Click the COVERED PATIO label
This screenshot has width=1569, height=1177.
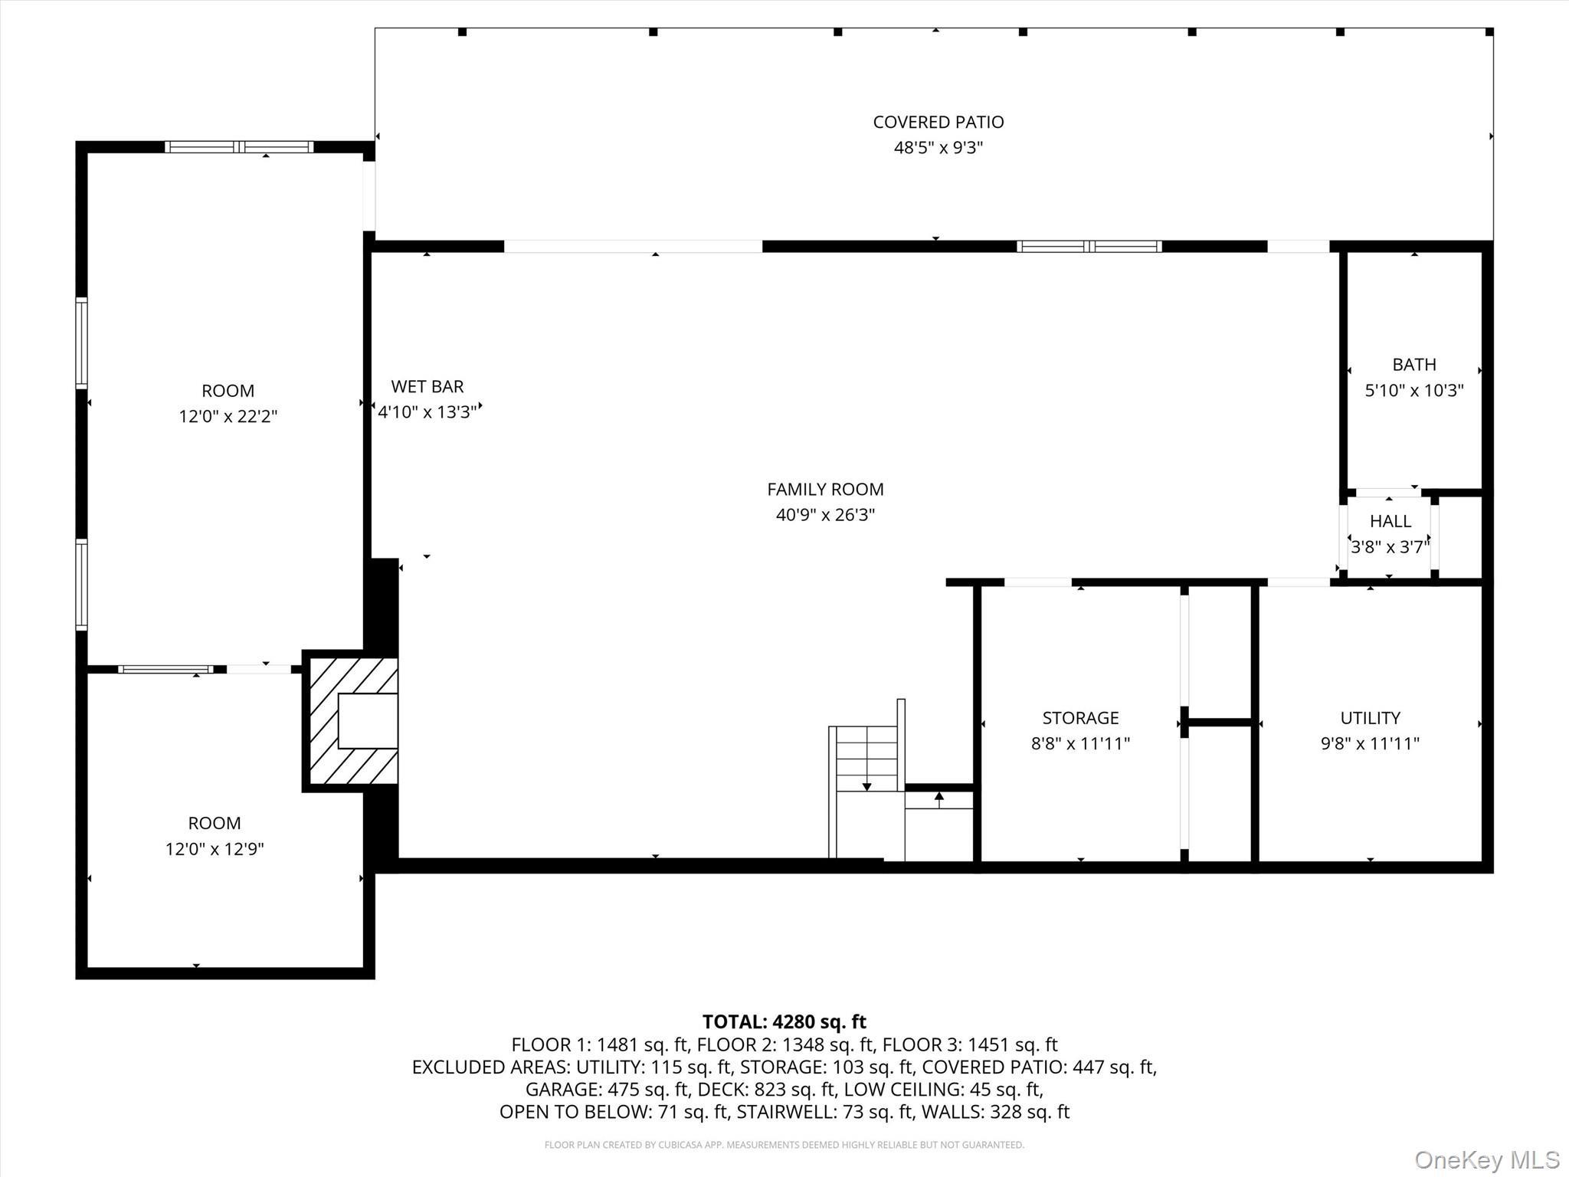click(x=938, y=122)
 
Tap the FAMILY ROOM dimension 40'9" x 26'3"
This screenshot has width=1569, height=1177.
click(x=825, y=515)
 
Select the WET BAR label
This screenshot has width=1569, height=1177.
click(x=427, y=387)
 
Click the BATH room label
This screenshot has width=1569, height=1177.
click(x=1413, y=365)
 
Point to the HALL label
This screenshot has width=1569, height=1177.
click(x=1390, y=521)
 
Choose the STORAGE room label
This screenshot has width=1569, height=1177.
click(x=1080, y=718)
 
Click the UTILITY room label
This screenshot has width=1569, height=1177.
click(x=1370, y=718)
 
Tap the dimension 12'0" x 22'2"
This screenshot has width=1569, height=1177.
click(x=228, y=417)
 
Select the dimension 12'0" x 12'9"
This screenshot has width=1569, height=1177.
click(x=215, y=849)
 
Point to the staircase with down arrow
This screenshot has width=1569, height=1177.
click(x=866, y=759)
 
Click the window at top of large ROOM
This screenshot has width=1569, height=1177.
click(x=239, y=147)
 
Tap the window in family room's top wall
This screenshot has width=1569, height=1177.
click(x=1089, y=247)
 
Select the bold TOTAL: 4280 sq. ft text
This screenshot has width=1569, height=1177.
click(x=784, y=1021)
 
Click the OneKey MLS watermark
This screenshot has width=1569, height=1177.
click(x=1486, y=1160)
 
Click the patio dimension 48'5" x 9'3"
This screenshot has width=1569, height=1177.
click(x=938, y=148)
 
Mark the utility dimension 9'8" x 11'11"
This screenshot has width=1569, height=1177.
click(x=1370, y=743)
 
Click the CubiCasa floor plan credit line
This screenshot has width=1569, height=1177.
click(x=784, y=1145)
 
